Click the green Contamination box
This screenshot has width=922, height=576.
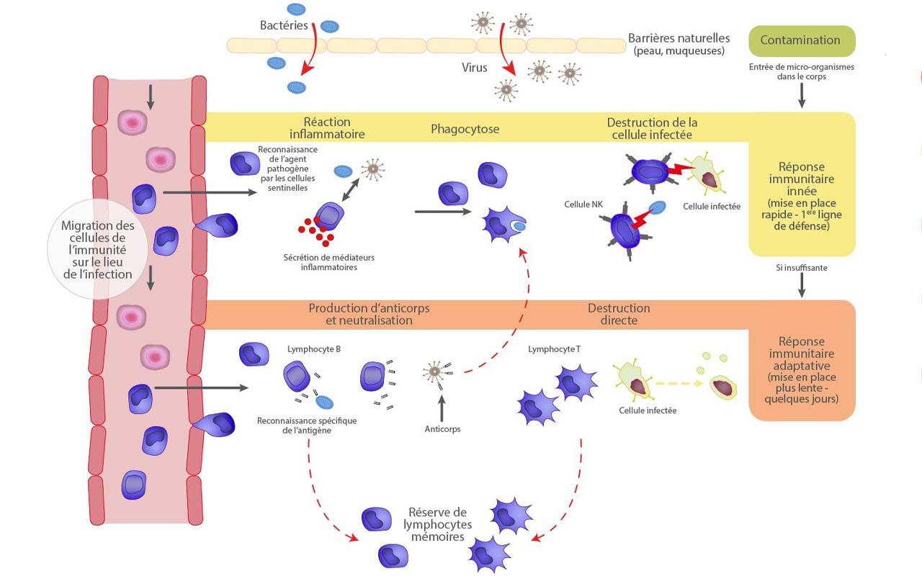click(802, 41)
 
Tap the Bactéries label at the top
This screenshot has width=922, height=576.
click(284, 25)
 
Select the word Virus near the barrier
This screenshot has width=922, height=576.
click(475, 68)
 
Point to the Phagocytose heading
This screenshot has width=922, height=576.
click(465, 129)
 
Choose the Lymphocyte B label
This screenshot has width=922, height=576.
click(314, 349)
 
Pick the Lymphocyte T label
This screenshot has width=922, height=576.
click(554, 349)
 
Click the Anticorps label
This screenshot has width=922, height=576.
click(442, 429)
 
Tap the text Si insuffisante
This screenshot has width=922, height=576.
click(802, 267)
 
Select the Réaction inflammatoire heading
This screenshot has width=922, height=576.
click(327, 128)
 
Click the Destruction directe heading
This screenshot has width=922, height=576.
click(618, 314)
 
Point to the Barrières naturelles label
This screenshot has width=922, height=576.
click(679, 44)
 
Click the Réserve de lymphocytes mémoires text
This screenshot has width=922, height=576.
click(437, 523)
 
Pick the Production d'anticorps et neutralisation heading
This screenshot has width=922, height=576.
click(369, 314)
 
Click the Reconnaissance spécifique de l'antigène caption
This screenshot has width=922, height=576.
click(307, 426)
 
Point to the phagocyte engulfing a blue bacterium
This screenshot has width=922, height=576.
click(504, 225)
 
